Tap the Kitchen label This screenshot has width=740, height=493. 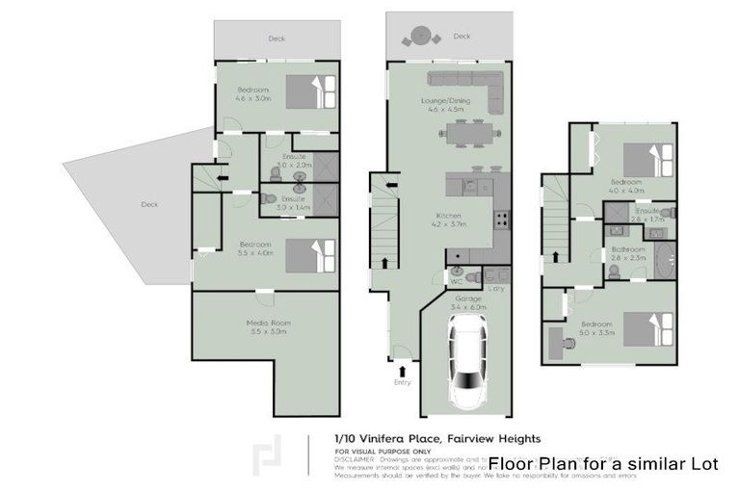click(x=449, y=219)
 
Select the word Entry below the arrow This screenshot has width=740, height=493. click(x=402, y=382)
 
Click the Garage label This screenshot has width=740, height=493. click(x=469, y=301)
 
